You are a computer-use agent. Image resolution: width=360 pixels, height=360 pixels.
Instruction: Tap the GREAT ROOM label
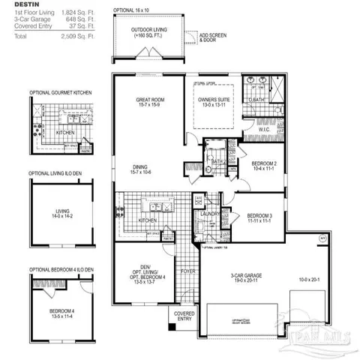tap(150, 100)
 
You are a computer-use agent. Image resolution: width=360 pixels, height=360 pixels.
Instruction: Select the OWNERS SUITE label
tap(214, 100)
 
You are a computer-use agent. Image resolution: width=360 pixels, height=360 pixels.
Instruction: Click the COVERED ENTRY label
tap(184, 316)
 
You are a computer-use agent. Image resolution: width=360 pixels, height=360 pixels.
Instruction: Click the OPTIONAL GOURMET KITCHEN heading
tap(61, 91)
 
